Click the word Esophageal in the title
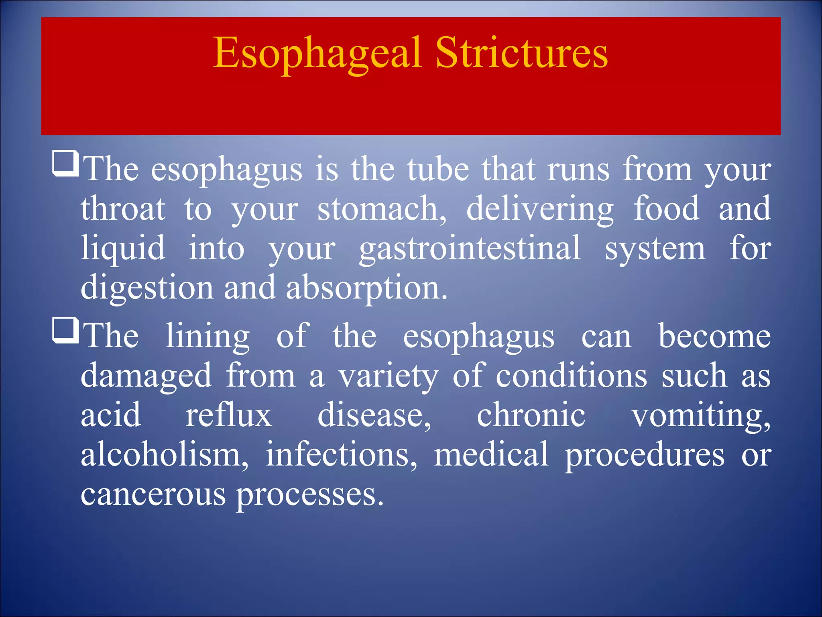point(317,53)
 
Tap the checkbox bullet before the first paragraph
point(65,163)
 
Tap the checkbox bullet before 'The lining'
point(65,330)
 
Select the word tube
point(438,170)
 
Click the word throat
point(123,209)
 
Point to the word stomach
point(381,209)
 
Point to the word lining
point(208,337)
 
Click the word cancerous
point(153,494)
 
